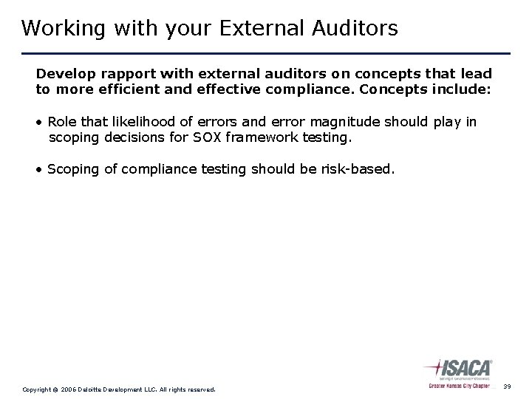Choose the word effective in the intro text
pos(203,89)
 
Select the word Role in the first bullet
pos(61,122)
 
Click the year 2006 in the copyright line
pos(68,389)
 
